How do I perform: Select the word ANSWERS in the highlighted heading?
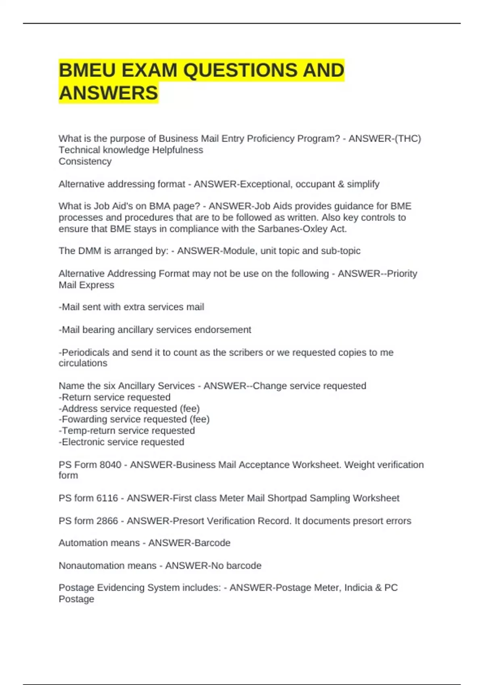pos(108,93)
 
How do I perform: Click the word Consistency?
pos(85,161)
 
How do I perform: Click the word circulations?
pos(83,363)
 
